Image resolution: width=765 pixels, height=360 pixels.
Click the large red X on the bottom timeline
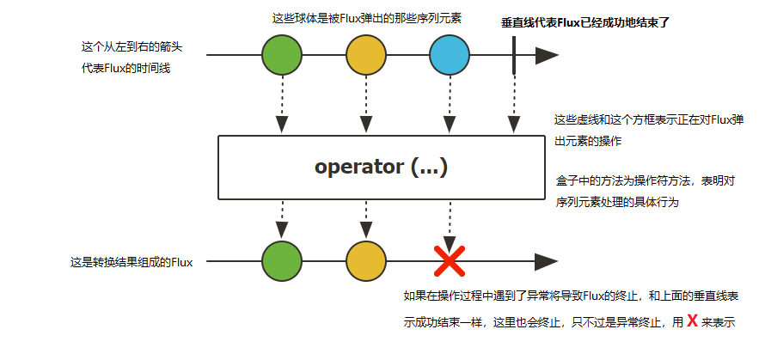point(450,261)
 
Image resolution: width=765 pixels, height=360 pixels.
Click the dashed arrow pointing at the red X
point(450,223)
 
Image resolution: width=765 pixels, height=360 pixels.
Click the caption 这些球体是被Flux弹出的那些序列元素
point(367,18)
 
